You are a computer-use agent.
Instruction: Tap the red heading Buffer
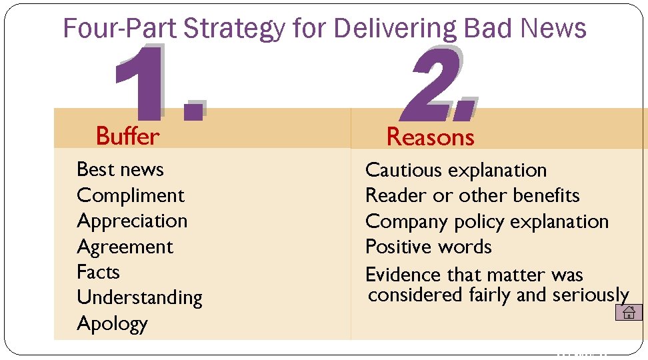127,136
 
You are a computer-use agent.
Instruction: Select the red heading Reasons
430,137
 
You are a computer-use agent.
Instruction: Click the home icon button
628,312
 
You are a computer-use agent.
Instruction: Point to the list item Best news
120,169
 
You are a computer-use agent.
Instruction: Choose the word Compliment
131,195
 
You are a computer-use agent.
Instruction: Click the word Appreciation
132,221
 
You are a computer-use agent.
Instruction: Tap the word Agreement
125,247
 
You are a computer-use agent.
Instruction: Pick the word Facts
98,272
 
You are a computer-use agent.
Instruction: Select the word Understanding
139,297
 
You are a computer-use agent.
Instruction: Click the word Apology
112,323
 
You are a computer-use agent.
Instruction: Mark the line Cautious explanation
456,170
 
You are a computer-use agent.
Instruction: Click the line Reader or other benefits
472,195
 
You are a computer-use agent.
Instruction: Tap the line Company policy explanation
487,221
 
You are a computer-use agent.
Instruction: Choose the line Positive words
428,247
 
